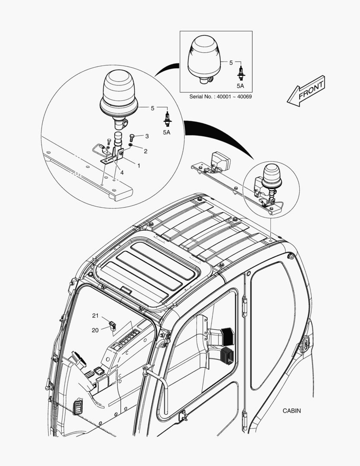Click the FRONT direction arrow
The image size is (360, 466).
coord(306,91)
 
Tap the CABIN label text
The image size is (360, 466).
coord(292,411)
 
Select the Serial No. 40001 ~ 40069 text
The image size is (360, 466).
coord(220,96)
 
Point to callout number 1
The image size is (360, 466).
coord(138,165)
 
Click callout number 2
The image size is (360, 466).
coord(145,151)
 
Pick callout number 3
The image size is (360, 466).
coord(147,136)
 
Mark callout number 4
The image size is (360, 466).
coord(122,172)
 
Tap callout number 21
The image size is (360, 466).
coord(95,316)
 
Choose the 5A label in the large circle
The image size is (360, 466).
coord(166,132)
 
